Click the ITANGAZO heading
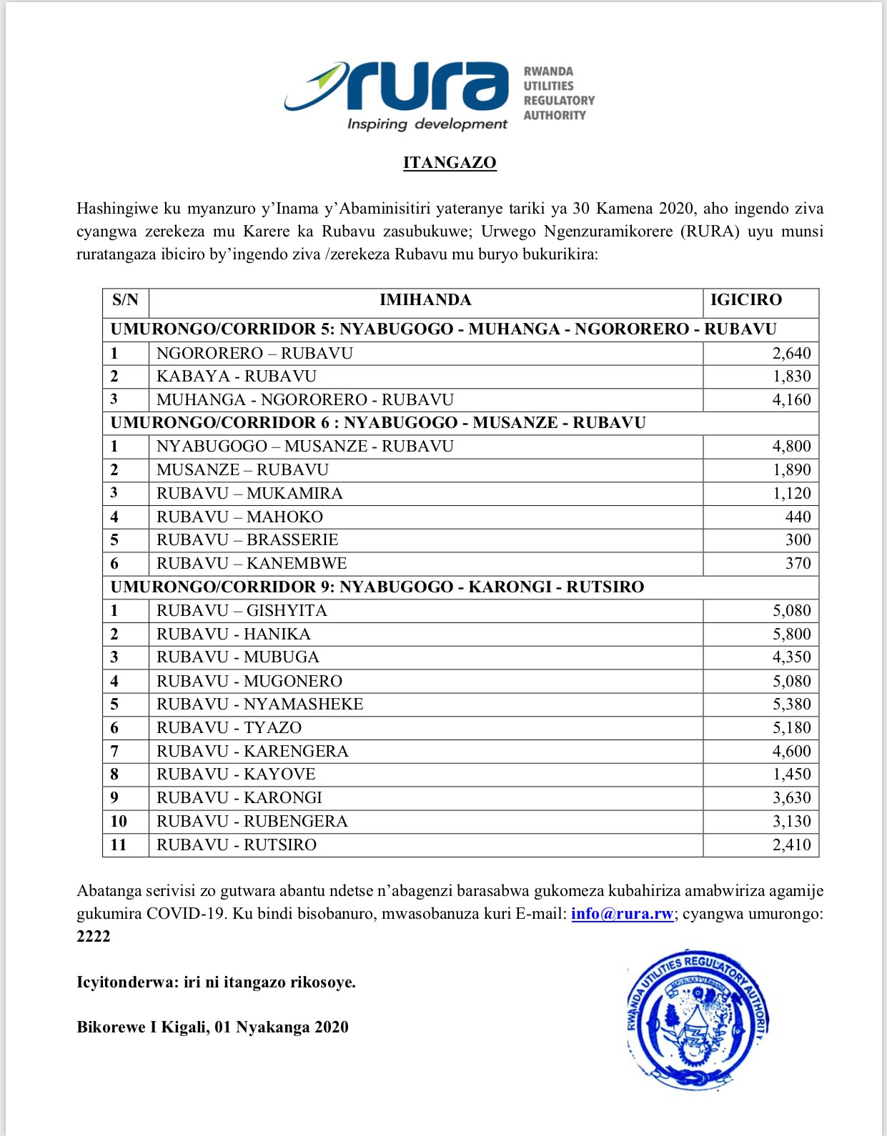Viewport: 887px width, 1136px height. pyautogui.click(x=450, y=163)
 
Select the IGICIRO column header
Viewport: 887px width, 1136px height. pyautogui.click(x=745, y=300)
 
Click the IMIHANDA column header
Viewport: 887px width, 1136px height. pyautogui.click(x=425, y=300)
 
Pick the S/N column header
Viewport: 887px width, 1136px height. pyautogui.click(x=125, y=300)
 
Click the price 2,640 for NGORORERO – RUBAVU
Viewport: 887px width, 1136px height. pyautogui.click(x=791, y=353)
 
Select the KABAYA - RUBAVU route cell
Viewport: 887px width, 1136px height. pyautogui.click(x=237, y=377)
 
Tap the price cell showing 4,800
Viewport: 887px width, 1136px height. pyautogui.click(x=791, y=447)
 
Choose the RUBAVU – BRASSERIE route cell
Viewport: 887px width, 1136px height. pyautogui.click(x=247, y=540)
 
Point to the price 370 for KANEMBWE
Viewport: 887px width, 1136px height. pyautogui.click(x=798, y=564)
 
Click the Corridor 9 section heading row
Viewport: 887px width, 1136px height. pyautogui.click(x=377, y=587)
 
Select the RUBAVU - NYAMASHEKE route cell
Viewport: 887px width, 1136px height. pyautogui.click(x=260, y=704)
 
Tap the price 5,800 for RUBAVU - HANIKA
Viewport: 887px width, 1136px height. pyautogui.click(x=791, y=634)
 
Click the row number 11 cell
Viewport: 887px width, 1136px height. pyautogui.click(x=119, y=845)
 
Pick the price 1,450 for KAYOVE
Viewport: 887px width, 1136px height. pyautogui.click(x=791, y=774)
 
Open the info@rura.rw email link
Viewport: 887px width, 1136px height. pyautogui.click(x=622, y=914)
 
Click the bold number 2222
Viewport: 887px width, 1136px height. pyautogui.click(x=94, y=937)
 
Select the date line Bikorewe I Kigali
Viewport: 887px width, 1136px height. pyautogui.click(x=212, y=1027)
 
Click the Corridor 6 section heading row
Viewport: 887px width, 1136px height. pyautogui.click(x=377, y=423)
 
